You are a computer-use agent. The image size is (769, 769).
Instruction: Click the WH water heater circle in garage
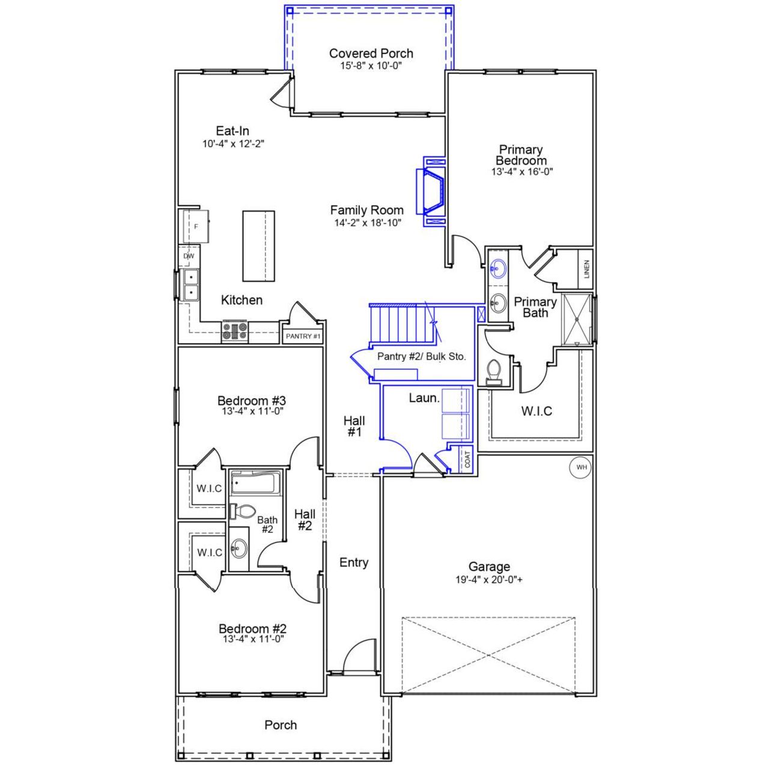click(x=580, y=467)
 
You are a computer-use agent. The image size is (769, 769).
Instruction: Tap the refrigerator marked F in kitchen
click(x=195, y=226)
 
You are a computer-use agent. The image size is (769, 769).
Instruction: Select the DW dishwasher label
click(x=189, y=256)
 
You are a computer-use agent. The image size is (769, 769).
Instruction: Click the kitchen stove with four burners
click(x=235, y=332)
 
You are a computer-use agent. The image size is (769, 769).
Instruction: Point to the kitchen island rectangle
click(x=258, y=246)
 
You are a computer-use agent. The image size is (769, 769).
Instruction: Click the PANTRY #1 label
click(x=303, y=336)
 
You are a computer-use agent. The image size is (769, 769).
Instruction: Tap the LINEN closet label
click(x=586, y=269)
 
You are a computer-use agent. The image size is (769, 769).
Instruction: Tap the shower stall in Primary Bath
click(x=576, y=320)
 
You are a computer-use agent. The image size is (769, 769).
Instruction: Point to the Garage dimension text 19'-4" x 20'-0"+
click(x=490, y=580)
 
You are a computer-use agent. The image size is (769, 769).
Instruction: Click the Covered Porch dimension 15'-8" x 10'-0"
click(x=371, y=65)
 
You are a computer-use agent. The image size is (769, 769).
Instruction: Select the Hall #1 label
click(x=354, y=426)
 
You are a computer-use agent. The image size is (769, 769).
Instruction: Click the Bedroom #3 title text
click(x=251, y=401)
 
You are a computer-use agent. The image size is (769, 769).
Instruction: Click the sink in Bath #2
click(x=240, y=548)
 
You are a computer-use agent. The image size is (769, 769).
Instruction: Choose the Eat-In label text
click(x=233, y=131)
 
